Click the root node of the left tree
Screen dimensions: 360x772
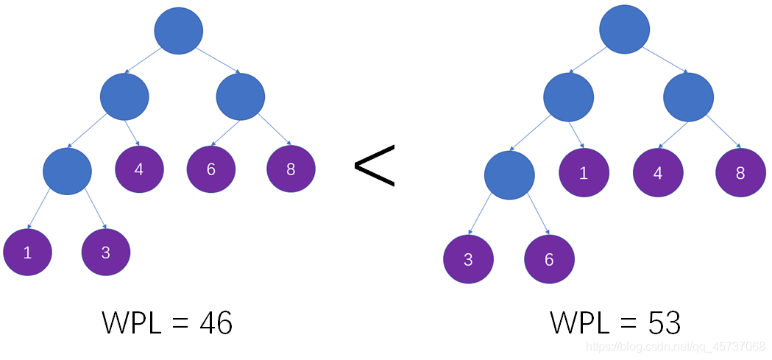click(179, 30)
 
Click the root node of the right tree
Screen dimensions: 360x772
click(624, 30)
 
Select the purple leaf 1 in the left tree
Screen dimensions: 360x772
click(28, 252)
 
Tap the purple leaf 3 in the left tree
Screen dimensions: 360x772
click(106, 252)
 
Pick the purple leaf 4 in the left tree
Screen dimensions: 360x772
click(139, 169)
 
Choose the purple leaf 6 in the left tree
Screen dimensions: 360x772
click(211, 169)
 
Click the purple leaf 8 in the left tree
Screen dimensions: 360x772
click(291, 169)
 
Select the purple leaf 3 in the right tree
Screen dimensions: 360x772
click(468, 259)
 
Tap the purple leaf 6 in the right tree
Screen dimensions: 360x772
click(549, 259)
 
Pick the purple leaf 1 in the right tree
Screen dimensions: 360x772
click(584, 173)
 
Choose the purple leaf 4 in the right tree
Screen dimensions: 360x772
click(658, 173)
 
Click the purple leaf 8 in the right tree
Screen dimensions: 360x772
click(740, 173)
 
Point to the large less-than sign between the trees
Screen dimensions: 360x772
click(375, 165)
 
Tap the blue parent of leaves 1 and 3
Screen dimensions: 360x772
click(67, 171)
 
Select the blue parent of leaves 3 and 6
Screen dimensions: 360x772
click(509, 175)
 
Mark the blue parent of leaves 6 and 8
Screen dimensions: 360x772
click(241, 96)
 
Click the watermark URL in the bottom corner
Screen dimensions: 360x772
click(680, 346)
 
